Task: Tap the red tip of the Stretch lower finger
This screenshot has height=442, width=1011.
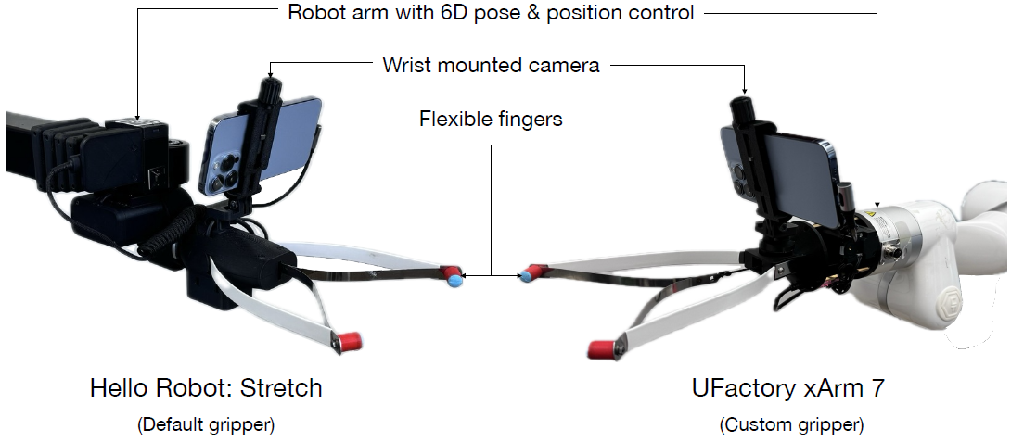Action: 348,341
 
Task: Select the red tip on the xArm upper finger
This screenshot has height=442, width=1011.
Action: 531,273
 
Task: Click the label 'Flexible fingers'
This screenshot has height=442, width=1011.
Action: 491,120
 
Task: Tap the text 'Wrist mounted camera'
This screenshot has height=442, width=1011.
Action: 491,66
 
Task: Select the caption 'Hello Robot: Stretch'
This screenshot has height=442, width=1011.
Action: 206,388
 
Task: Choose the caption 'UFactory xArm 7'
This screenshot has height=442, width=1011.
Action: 787,388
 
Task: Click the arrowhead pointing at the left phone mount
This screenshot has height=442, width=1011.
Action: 270,70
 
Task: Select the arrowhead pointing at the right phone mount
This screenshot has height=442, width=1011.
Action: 744,87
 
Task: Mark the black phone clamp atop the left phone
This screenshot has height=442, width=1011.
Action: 269,96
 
